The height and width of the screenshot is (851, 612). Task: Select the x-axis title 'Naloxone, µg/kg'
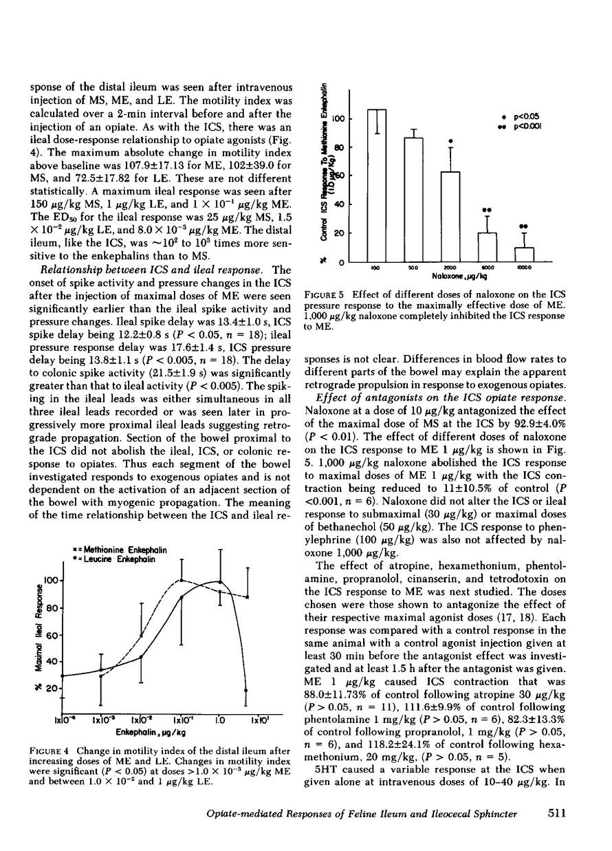440,274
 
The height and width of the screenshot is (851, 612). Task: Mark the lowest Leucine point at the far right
246,690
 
